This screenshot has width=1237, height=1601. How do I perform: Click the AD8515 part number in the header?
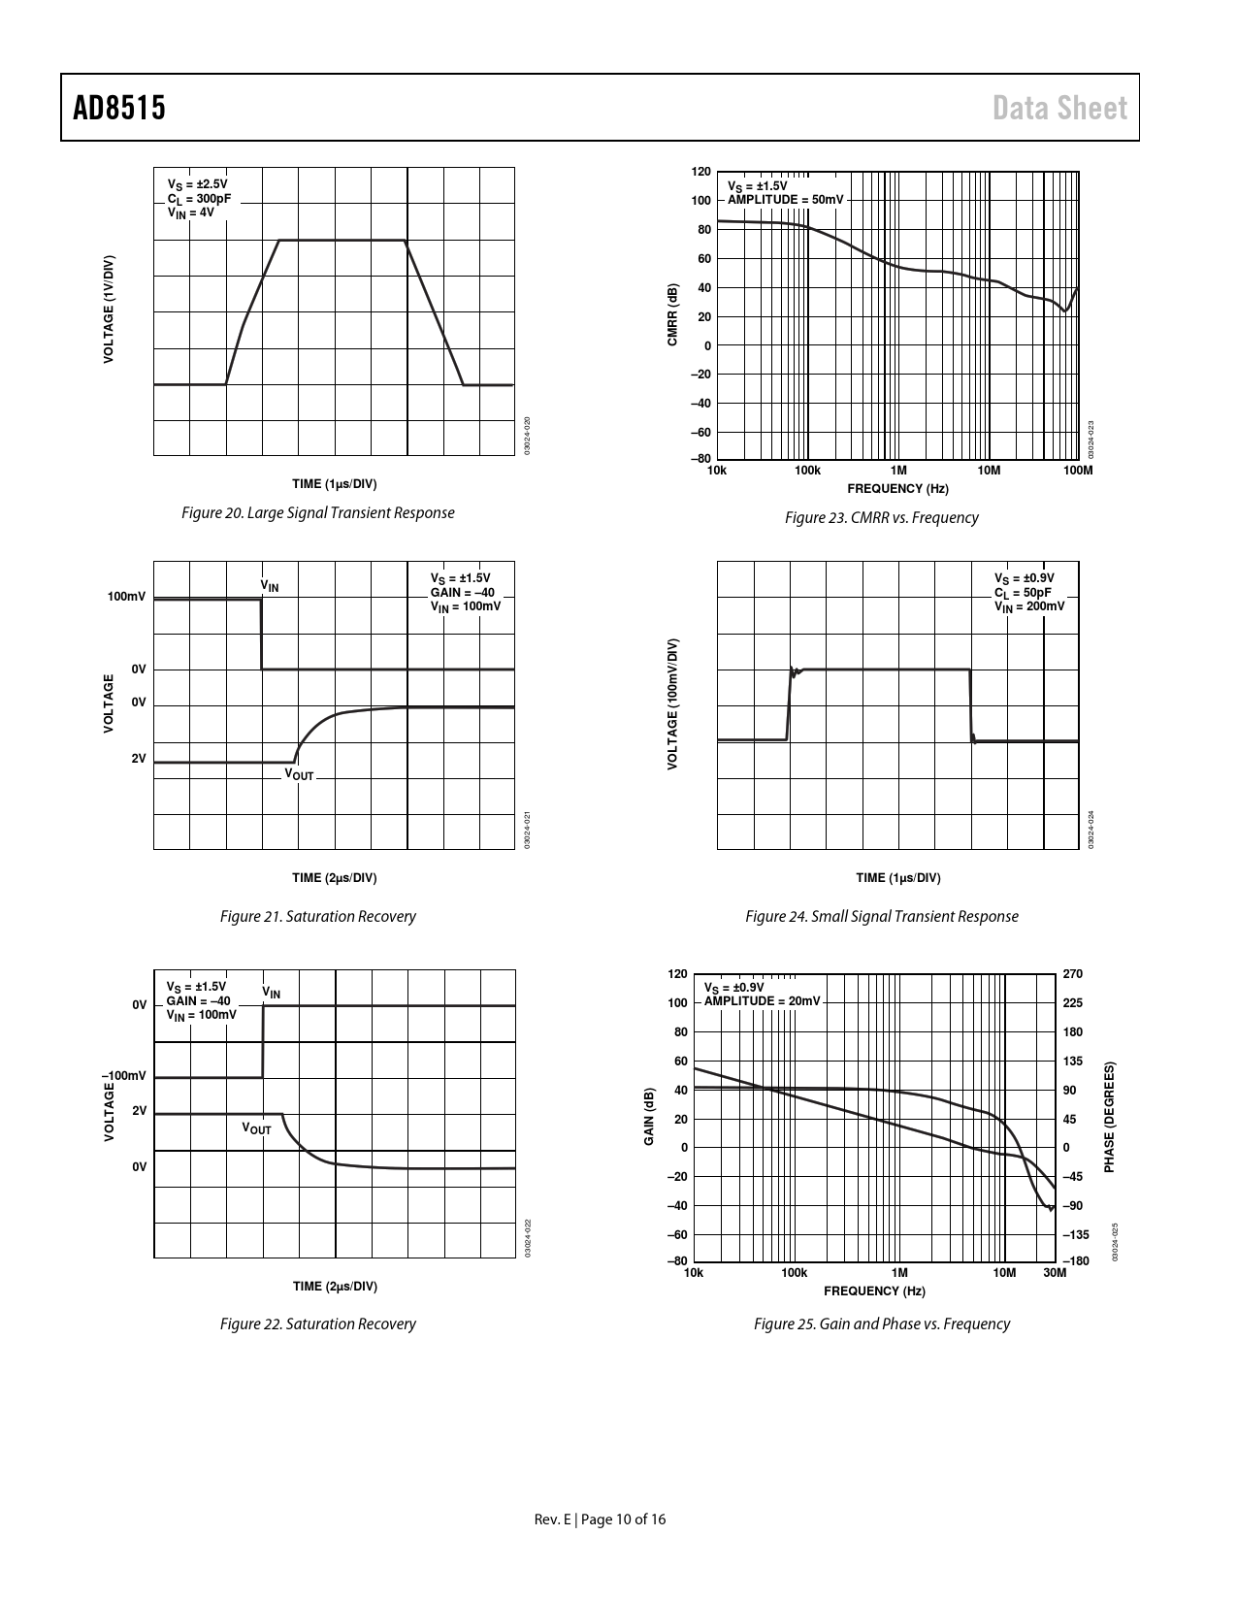tap(119, 108)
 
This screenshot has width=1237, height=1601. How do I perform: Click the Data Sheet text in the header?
tap(1059, 108)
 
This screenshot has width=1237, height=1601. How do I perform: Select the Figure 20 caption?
tap(318, 512)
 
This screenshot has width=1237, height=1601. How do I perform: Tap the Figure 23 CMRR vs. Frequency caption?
tap(881, 517)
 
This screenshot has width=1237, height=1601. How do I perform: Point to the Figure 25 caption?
tap(881, 1323)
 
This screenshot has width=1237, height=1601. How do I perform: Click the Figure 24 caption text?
tap(881, 916)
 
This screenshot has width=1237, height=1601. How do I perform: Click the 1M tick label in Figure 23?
tap(898, 471)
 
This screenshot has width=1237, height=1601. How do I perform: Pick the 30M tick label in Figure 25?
tap(1055, 1273)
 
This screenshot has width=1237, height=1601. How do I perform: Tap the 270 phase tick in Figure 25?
tap(1072, 973)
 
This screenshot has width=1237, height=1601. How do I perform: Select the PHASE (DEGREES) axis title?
tap(1110, 1116)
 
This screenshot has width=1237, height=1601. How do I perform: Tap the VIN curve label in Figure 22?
tap(272, 992)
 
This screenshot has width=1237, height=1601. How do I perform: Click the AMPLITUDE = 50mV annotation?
tap(786, 199)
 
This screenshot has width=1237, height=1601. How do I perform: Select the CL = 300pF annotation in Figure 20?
tap(199, 198)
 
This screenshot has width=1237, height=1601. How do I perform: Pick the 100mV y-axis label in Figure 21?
tap(126, 596)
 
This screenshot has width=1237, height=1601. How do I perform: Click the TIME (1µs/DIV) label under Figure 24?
tap(897, 878)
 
